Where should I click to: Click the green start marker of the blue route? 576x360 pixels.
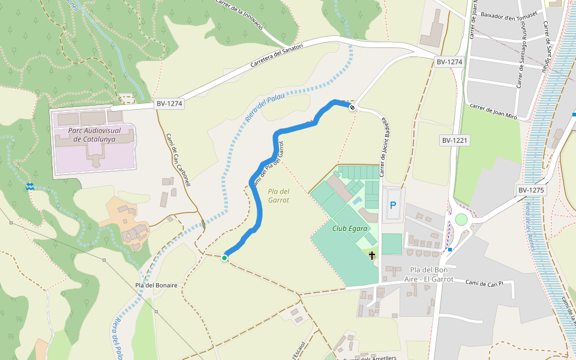click(x=224, y=258)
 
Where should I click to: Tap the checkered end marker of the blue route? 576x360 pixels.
click(x=352, y=107)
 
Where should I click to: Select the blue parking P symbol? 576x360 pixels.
click(x=393, y=205)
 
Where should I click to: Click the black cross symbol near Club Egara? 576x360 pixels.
click(x=372, y=256)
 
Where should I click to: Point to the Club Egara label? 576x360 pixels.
click(x=350, y=229)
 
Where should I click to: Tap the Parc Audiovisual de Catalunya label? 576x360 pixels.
click(x=94, y=134)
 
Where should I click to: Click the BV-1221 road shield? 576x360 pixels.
click(x=454, y=140)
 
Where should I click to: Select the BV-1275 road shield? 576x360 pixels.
click(x=530, y=190)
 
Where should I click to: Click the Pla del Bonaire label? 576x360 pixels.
click(x=156, y=285)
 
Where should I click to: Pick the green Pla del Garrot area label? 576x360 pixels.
click(x=279, y=196)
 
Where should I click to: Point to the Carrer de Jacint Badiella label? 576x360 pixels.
click(x=383, y=147)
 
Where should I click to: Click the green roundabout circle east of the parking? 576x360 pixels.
click(x=461, y=220)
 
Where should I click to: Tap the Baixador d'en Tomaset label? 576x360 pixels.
click(x=508, y=18)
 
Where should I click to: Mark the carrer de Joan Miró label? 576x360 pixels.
click(x=493, y=110)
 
